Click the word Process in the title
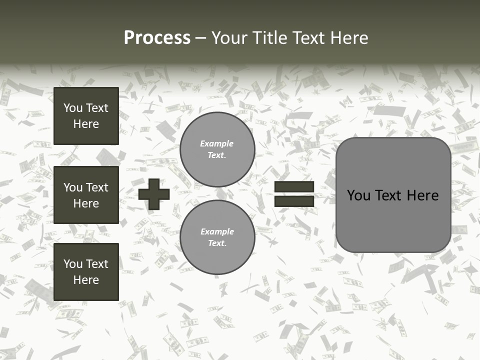click(x=157, y=38)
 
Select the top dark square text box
click(x=86, y=116)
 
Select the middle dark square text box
click(x=86, y=195)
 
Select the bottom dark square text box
click(x=86, y=271)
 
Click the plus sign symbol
click(x=154, y=194)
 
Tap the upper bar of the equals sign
click(x=294, y=187)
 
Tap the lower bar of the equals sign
click(x=294, y=201)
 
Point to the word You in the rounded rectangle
click(x=358, y=195)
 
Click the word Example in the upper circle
click(x=217, y=143)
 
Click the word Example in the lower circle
click(x=217, y=231)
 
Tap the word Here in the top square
click(x=86, y=124)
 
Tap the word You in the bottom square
click(x=73, y=264)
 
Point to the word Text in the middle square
click(x=97, y=187)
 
